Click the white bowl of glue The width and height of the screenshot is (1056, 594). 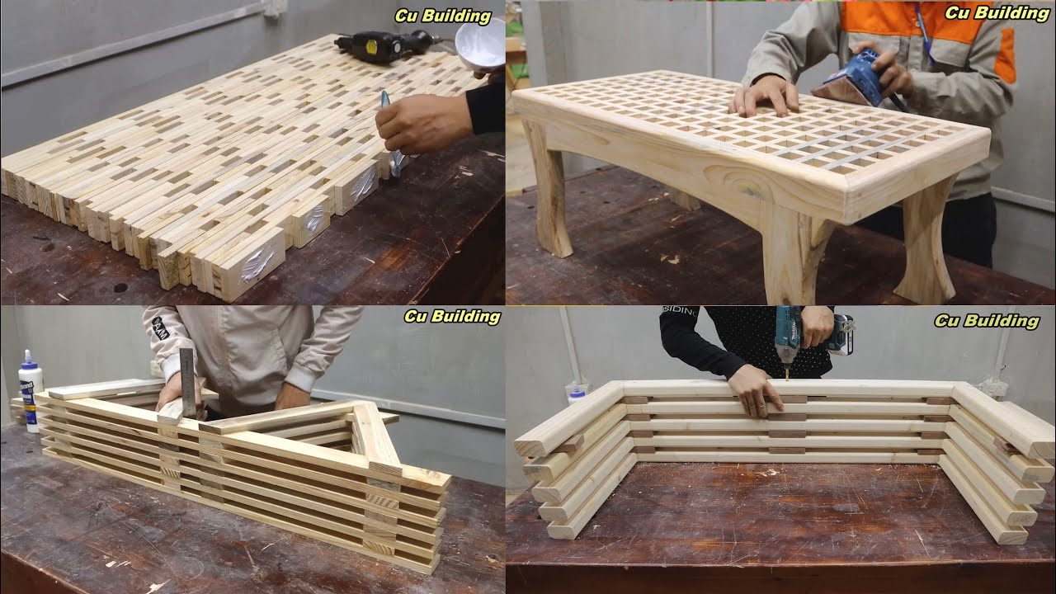pos(480,44)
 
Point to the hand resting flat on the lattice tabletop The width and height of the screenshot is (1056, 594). pos(764,96)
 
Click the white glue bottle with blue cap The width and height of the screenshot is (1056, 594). pos(31,390)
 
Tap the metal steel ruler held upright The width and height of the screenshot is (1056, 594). pos(187,382)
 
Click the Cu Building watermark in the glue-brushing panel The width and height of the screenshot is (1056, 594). pos(443,16)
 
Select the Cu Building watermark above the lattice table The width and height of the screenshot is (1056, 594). pos(997,14)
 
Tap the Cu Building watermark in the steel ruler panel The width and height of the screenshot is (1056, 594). pos(452,317)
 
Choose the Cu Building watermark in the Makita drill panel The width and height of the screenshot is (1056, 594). pos(987,321)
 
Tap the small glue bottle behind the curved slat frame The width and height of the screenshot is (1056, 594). pos(576,394)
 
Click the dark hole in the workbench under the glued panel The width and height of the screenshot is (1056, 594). pos(120,287)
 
